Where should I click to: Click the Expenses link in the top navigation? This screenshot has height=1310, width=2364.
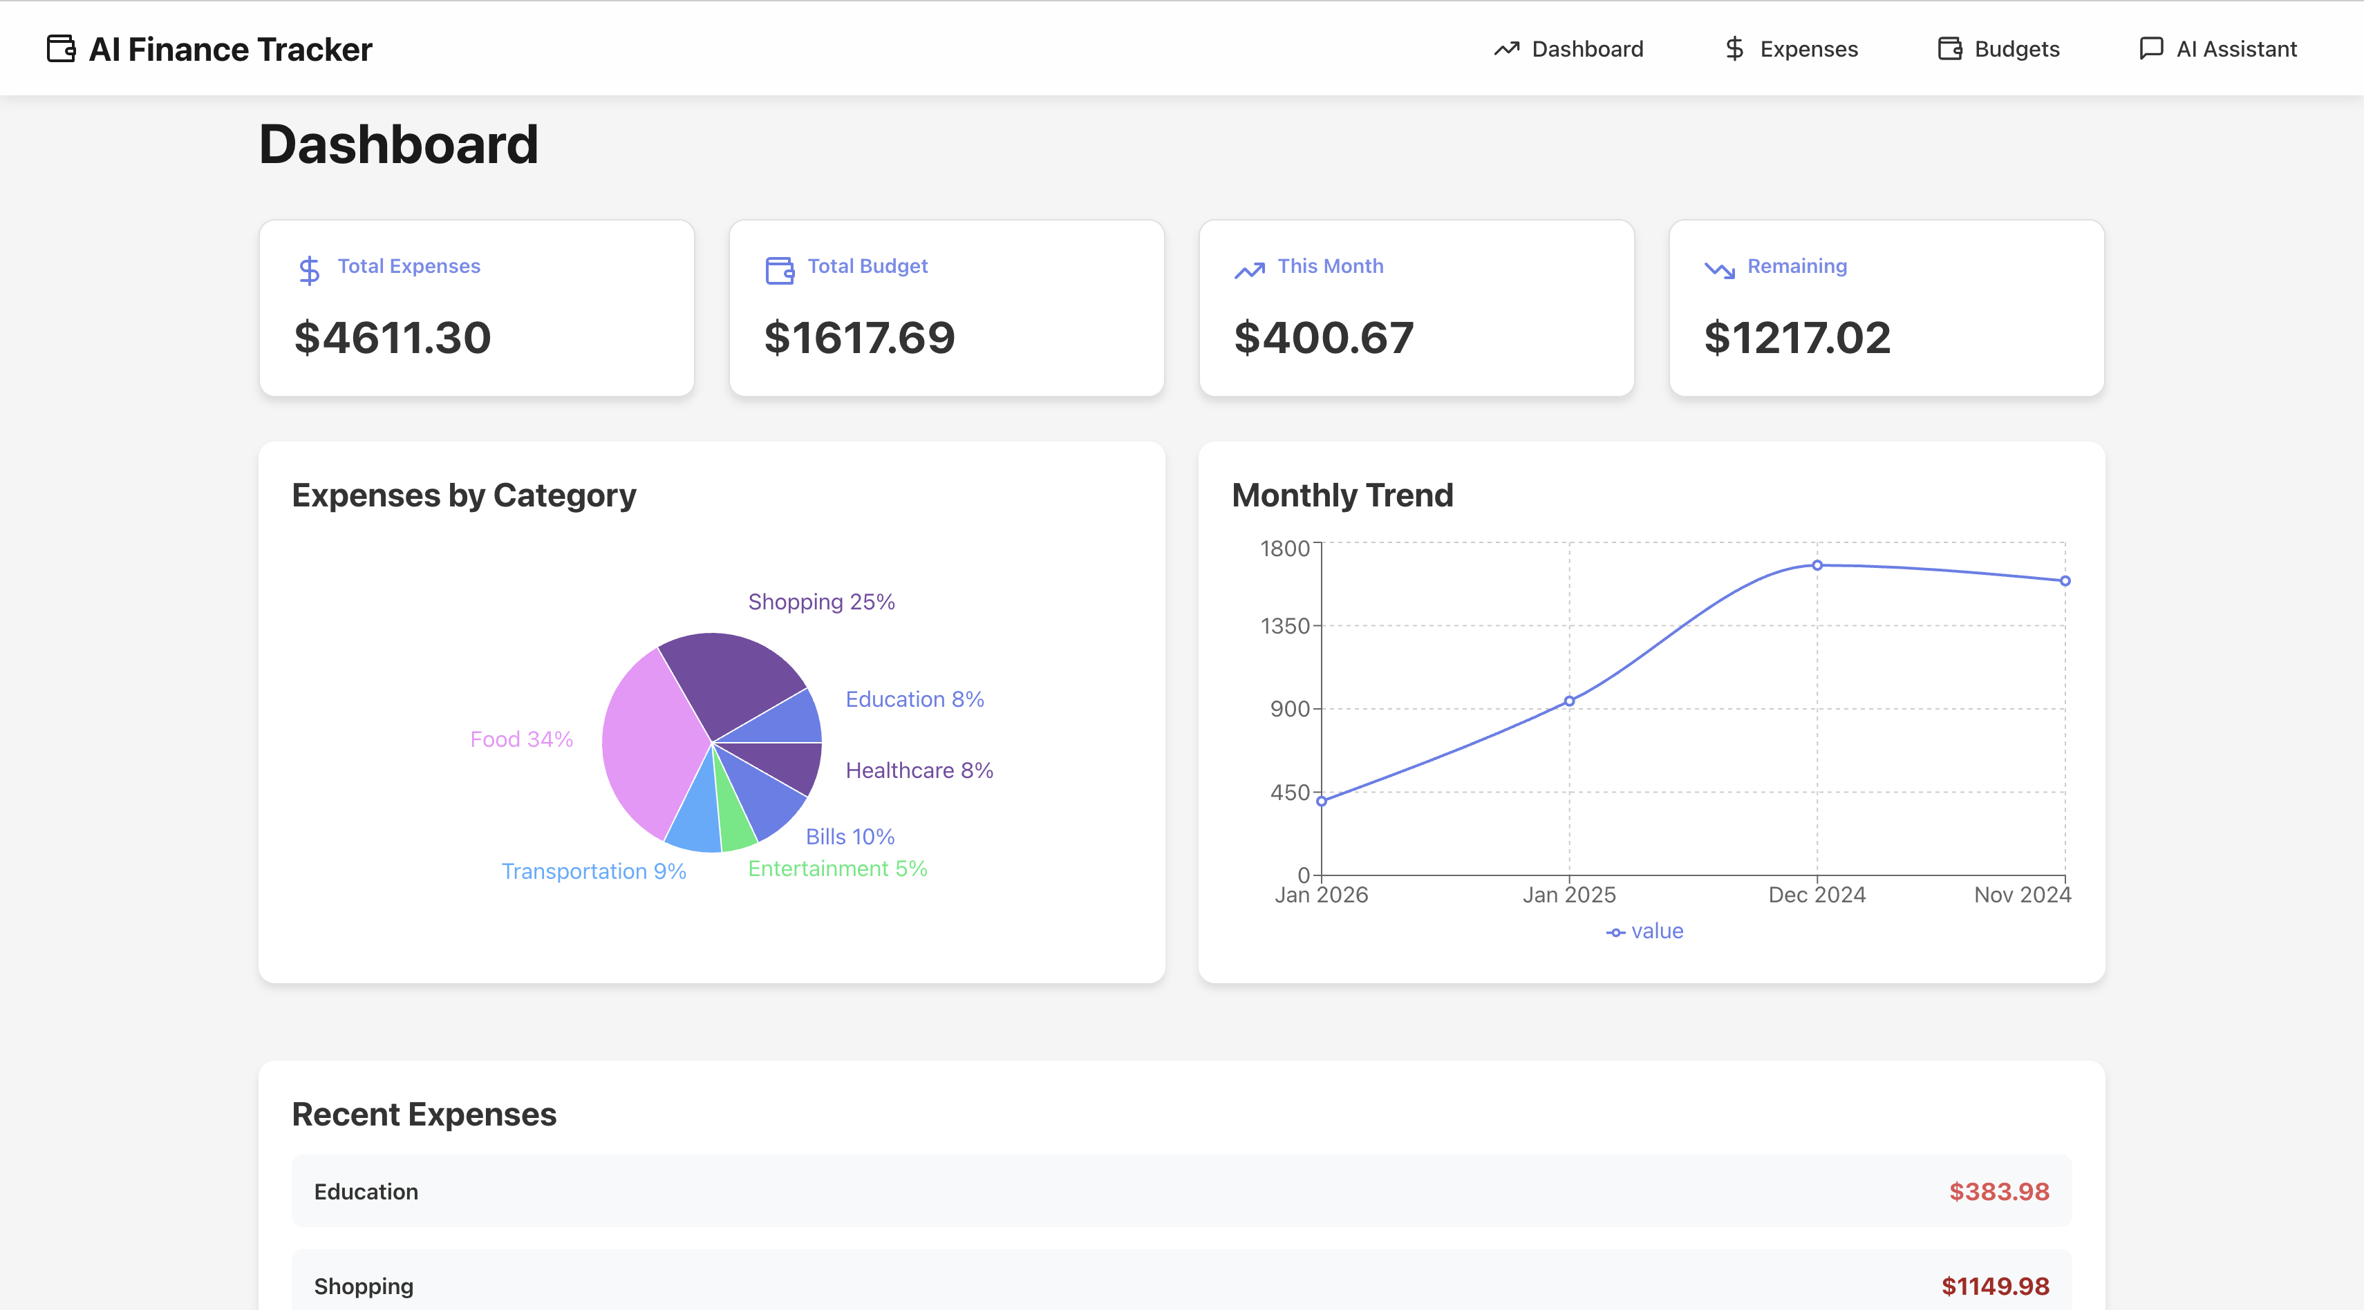[x=1790, y=48]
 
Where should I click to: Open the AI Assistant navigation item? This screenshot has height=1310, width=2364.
[x=2218, y=48]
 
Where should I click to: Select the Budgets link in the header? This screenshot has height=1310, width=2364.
[x=1999, y=48]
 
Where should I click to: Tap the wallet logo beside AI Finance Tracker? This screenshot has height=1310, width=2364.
[x=61, y=48]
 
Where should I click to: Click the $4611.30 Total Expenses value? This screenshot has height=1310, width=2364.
[x=392, y=338]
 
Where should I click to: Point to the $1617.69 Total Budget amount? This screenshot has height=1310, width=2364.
[x=859, y=338]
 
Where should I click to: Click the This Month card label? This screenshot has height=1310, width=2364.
[x=1330, y=266]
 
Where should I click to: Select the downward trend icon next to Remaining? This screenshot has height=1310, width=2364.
[x=1719, y=269]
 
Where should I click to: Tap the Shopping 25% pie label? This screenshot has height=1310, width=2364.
[x=820, y=602]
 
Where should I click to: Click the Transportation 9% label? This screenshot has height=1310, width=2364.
[x=593, y=871]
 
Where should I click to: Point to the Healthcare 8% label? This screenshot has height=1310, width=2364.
[x=919, y=770]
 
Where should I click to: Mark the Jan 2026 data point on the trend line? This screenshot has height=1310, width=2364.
[x=1322, y=801]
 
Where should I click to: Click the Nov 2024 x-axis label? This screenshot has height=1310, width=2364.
[x=2022, y=895]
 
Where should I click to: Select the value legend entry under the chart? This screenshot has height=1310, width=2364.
[x=1644, y=931]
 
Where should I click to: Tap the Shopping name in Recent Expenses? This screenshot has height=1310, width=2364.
[x=364, y=1286]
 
